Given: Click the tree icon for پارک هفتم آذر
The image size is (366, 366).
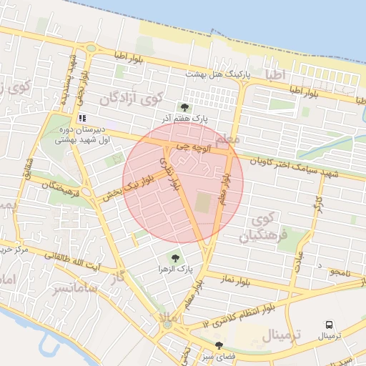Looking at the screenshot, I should coord(186,107).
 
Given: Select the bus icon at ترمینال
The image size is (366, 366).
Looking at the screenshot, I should coord(330,324).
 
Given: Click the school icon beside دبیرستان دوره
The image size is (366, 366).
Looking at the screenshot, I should coord(82,118).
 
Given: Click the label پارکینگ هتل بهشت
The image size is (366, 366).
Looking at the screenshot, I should coord(214,74).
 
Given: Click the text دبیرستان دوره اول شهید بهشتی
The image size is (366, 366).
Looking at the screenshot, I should coord(81,135).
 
